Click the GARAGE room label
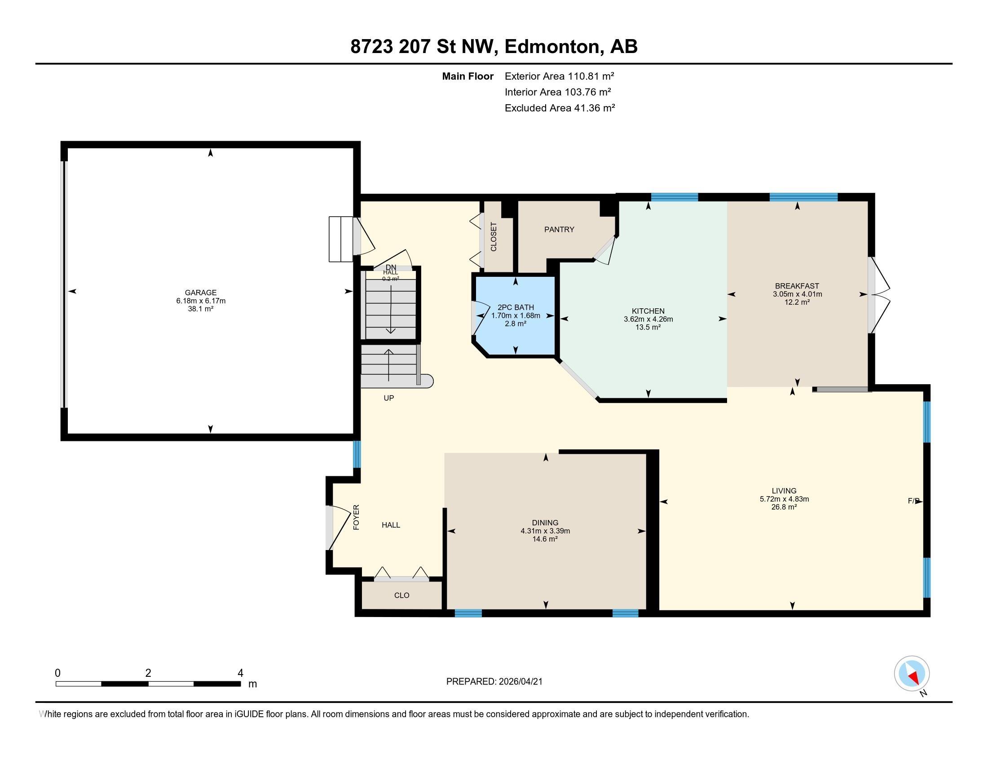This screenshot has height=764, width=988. coord(200,293)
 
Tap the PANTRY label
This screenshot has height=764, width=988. coord(559,230)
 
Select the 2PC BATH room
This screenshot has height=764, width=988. coord(515,315)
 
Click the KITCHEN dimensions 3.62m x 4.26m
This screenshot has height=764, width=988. coord(648,319)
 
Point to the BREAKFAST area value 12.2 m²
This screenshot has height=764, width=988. coord(797,302)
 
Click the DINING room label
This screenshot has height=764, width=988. coord(545,522)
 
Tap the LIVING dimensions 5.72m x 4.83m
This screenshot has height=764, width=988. coord(784,499)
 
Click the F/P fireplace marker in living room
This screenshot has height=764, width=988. coord(913,501)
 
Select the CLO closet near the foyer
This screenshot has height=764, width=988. coord(401,595)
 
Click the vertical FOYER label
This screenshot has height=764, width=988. coord(356,517)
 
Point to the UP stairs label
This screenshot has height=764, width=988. coord(388,398)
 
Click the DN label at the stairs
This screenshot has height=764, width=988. coord(390,267)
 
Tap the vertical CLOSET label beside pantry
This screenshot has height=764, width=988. coord(494,237)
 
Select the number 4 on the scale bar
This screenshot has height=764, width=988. coord(240,673)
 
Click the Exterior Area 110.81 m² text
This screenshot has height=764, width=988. coord(559,76)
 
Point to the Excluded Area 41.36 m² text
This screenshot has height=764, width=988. coord(560,108)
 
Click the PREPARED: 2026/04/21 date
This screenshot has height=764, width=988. coord(494,681)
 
